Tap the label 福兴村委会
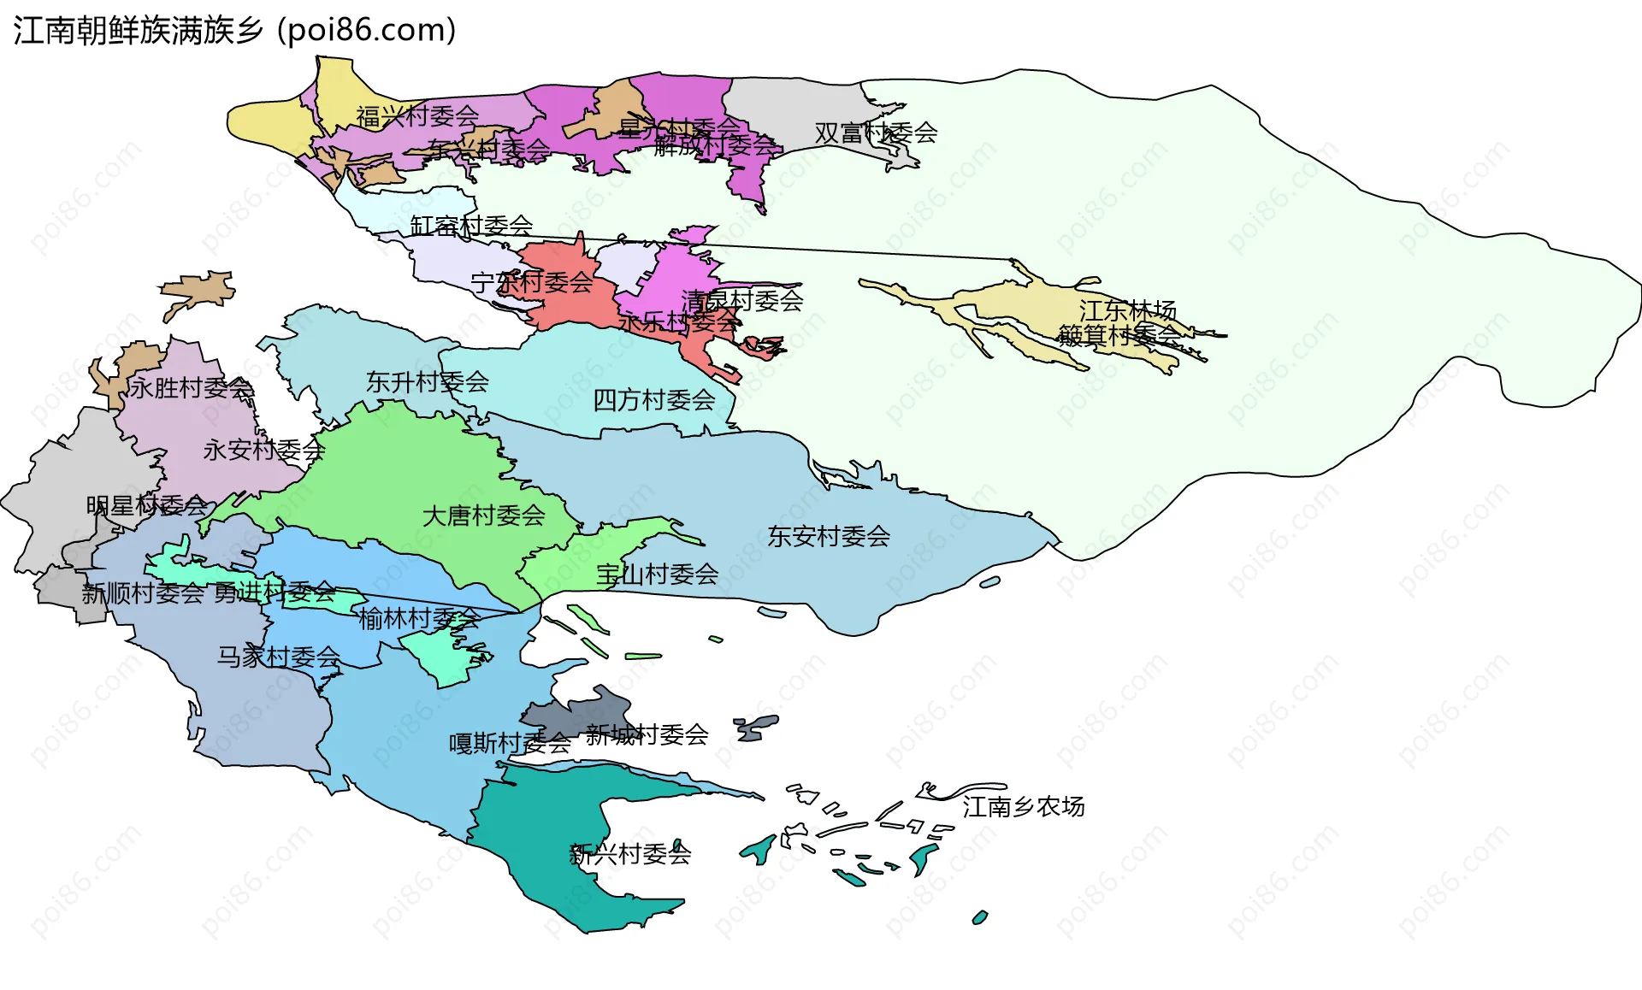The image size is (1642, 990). coord(417,116)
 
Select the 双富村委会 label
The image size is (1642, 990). coord(876,133)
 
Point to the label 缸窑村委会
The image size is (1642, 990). coord(471,226)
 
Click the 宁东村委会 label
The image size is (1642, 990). coord(531,282)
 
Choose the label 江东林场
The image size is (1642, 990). coord(1127,311)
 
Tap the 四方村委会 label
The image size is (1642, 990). coord(654,400)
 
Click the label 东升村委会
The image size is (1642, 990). coord(427,382)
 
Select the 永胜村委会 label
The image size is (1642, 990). coord(192,389)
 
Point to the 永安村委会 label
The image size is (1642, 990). coord(263,451)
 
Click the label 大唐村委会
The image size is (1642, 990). coord(483,516)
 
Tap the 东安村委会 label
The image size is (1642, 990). coord(828,537)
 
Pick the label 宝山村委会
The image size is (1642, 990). coord(657,575)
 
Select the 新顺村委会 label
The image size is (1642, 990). coord(143,593)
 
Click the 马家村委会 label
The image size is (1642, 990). coord(278,657)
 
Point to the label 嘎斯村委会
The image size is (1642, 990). coord(510,744)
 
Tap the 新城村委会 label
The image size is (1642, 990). coord(647,735)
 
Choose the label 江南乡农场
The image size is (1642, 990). coord(1023,807)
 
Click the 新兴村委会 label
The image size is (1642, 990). coord(629,854)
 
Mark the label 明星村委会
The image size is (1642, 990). coord(146,506)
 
